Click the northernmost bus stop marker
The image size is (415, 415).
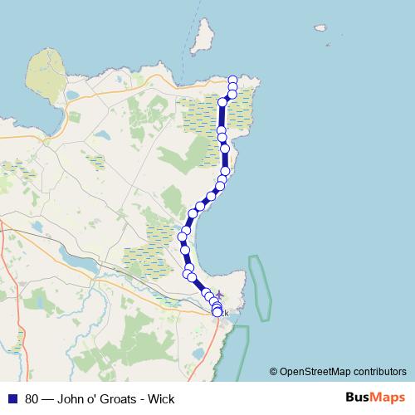232,79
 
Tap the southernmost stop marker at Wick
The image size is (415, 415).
217,313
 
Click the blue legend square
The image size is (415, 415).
13,398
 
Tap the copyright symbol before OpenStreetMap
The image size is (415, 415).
274,372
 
